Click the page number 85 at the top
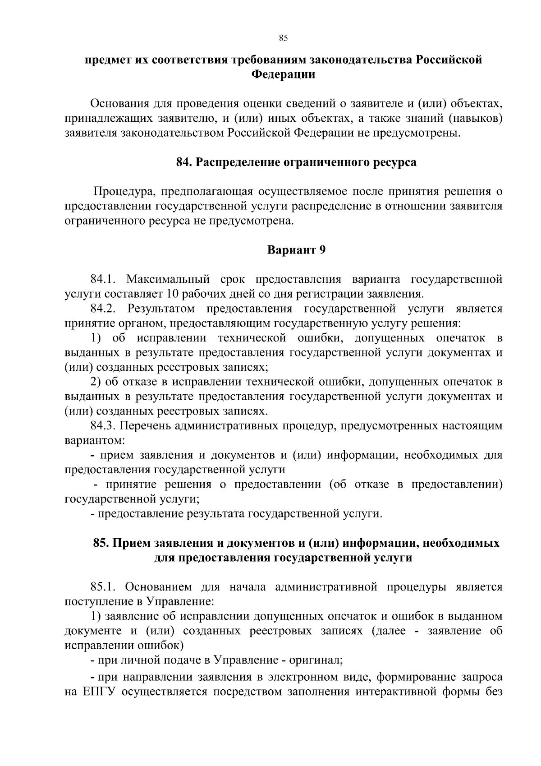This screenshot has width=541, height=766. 283,38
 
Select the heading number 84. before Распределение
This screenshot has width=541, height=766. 184,162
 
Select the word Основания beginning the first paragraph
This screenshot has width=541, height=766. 118,104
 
